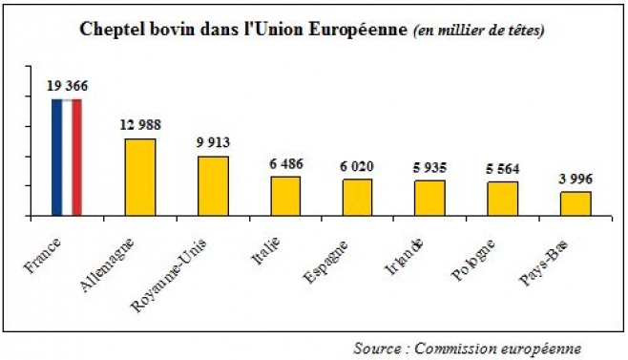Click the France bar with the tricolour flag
(67, 158)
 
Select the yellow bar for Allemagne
(140, 178)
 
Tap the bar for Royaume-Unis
(213, 186)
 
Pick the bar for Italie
(285, 197)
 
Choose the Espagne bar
(357, 198)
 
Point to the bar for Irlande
(429, 199)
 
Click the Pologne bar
(502, 200)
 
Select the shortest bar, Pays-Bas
(575, 204)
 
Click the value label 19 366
(67, 86)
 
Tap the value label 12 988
(140, 125)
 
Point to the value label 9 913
(213, 142)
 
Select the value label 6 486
(285, 163)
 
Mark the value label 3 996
(575, 178)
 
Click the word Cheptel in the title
(111, 31)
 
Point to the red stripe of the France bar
(76, 158)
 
